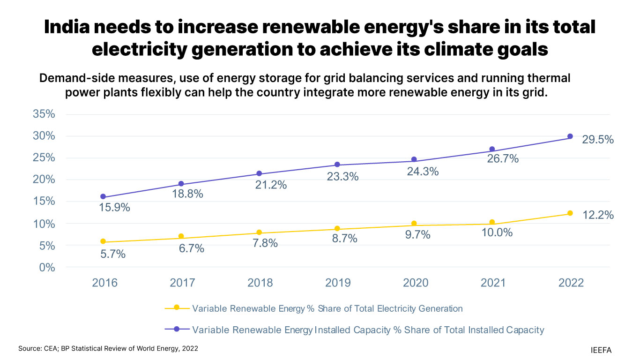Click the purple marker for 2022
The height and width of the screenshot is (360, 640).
570,136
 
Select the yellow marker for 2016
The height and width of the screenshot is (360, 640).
103,241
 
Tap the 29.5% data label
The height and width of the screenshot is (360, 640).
598,140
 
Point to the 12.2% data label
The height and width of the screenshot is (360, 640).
598,215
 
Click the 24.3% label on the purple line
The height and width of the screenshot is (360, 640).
423,172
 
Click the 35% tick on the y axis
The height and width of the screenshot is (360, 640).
44,114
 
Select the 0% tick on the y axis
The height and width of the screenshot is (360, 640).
47,268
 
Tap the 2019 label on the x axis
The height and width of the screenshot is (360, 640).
338,283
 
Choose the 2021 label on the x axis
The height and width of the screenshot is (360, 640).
493,283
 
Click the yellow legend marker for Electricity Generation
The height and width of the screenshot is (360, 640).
177,307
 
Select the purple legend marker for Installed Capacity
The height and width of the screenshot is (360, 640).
177,329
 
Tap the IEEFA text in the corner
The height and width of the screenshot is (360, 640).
601,350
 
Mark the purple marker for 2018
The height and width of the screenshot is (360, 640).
259,174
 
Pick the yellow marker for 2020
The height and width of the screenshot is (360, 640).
414,224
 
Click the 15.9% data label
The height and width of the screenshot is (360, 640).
114,207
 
